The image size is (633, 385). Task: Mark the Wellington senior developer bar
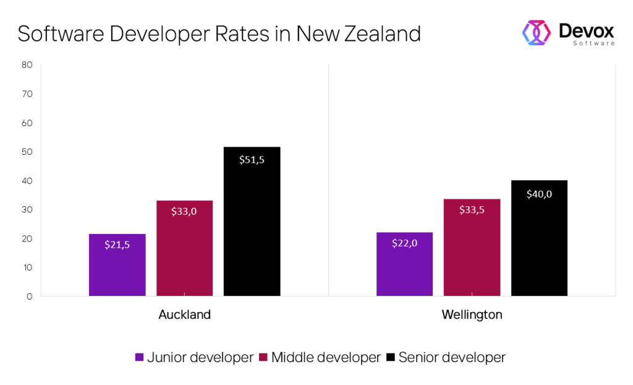539,238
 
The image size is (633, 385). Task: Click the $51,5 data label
252,160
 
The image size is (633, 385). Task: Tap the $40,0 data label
539,194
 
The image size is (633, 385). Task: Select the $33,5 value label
472,210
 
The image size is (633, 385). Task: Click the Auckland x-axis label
184,314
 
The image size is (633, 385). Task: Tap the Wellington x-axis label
472,314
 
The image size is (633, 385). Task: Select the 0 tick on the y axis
29,296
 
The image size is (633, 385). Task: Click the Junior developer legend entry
193,357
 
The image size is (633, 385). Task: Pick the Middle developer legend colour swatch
263,358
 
